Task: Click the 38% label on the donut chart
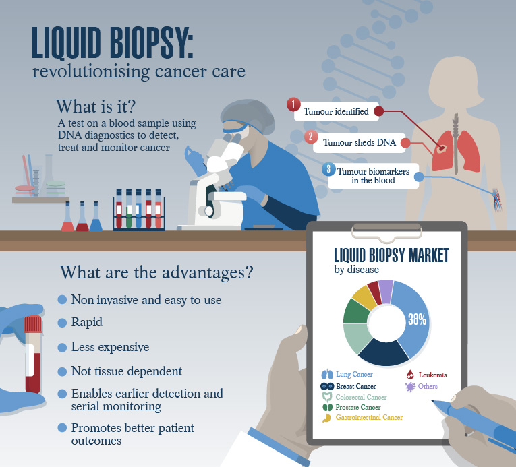(417, 319)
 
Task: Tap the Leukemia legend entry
(428, 375)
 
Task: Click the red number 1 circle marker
(293, 105)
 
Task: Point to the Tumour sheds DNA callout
(358, 143)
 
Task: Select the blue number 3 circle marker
(329, 168)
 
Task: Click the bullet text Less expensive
(110, 347)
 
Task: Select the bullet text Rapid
(87, 322)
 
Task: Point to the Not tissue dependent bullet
(127, 371)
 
